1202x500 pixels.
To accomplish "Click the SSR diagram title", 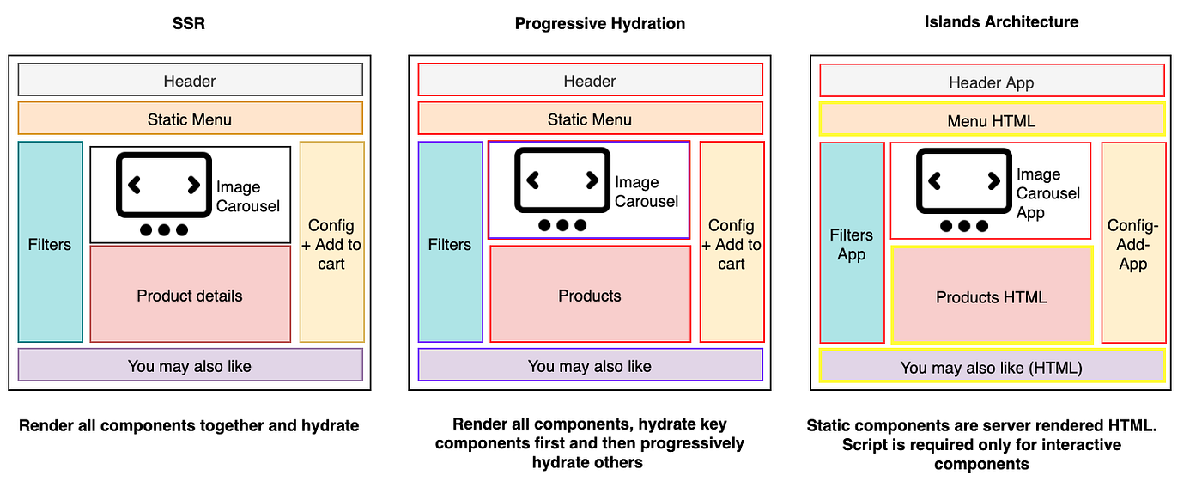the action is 188,24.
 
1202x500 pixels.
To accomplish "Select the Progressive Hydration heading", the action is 600,24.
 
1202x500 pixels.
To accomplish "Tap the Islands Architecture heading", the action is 1001,22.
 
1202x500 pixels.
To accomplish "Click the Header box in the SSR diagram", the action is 191,80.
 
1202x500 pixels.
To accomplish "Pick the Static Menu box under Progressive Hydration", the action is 591,119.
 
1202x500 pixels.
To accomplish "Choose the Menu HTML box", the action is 993,119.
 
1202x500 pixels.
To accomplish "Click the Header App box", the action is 993,81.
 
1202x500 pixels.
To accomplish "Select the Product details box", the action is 191,294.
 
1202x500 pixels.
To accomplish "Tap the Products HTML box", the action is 992,295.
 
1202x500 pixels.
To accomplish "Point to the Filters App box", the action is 852,243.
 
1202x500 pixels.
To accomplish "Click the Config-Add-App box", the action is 1134,243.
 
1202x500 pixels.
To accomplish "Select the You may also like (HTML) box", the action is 993,366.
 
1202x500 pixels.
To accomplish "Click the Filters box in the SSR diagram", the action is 51,241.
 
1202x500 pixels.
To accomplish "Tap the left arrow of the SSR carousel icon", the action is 134,186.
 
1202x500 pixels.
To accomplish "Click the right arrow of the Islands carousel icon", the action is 994,181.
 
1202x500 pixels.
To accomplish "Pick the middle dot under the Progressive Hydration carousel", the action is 562,225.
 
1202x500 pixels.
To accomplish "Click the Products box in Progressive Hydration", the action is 591,294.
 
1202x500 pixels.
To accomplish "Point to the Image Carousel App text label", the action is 1048,193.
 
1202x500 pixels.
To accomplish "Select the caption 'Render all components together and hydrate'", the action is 189,426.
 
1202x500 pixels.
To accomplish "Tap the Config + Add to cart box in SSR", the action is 332,241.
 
